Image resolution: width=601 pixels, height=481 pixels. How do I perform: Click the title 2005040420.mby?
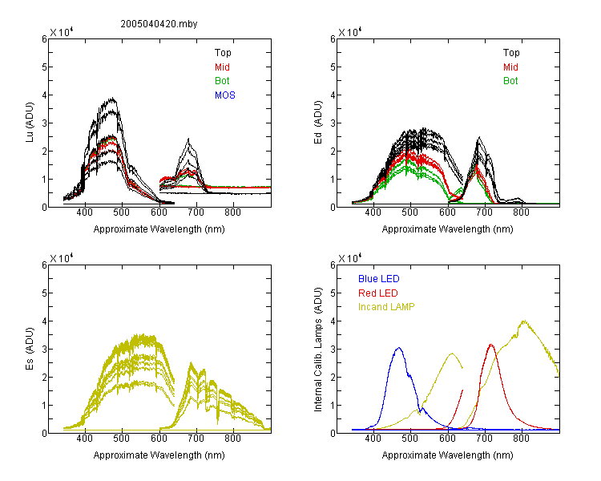pos(159,24)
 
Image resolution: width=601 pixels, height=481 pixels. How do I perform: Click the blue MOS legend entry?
pos(225,95)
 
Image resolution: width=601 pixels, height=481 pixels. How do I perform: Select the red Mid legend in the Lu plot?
pos(222,67)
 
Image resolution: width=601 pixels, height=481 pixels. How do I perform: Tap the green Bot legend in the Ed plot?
pos(510,81)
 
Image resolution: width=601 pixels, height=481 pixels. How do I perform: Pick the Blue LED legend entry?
pos(379,279)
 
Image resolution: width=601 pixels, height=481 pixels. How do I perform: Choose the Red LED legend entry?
pos(378,293)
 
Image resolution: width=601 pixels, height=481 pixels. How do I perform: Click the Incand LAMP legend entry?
pos(386,307)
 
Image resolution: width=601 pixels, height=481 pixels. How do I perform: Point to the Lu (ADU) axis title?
pos(30,122)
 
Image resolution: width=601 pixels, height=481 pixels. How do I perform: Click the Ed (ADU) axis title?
pos(318,122)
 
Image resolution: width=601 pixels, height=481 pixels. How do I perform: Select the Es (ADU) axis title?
pos(30,348)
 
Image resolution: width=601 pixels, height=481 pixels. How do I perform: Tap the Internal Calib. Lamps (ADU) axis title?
pos(318,350)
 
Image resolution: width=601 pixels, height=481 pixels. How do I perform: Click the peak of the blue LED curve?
pos(398,348)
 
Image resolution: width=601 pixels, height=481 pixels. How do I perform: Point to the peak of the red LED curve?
pos(491,345)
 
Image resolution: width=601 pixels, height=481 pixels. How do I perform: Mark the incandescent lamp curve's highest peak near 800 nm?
pos(523,321)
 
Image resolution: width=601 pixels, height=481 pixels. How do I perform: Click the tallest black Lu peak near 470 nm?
pos(112,98)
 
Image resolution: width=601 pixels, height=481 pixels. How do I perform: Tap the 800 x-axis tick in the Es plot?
pos(232,439)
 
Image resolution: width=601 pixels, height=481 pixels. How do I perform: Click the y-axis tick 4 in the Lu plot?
pos(44,95)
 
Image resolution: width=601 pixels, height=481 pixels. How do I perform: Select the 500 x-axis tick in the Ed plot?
pos(409,212)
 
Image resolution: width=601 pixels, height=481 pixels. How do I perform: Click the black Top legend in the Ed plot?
pos(511,53)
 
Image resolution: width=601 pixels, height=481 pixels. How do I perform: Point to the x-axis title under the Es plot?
pos(159,455)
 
